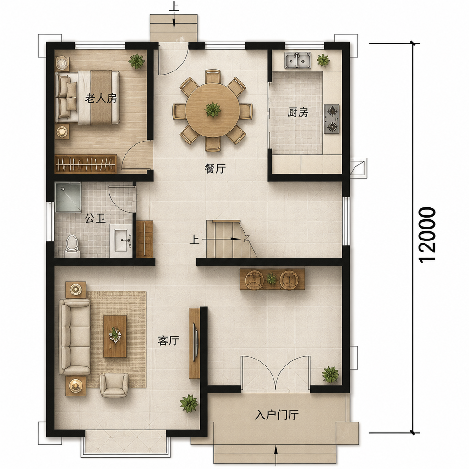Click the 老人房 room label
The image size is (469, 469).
(101, 98)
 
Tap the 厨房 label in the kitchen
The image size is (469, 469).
(298, 112)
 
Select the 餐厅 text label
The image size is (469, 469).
(215, 169)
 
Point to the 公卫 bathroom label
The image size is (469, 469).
(95, 218)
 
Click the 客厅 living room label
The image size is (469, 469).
(169, 340)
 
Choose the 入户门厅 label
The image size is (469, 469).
(276, 415)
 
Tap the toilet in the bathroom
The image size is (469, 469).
(72, 246)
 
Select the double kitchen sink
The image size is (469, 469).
(298, 60)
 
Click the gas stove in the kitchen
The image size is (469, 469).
(332, 119)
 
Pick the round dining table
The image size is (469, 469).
(213, 110)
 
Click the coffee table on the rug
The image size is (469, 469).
(115, 336)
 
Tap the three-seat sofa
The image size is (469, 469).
(75, 337)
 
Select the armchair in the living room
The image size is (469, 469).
(114, 385)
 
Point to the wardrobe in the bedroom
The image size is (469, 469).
(86, 164)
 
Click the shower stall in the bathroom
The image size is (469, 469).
(68, 197)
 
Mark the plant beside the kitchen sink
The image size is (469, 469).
(323, 60)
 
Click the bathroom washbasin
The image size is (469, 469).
(121, 240)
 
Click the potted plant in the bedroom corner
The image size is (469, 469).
(136, 61)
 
